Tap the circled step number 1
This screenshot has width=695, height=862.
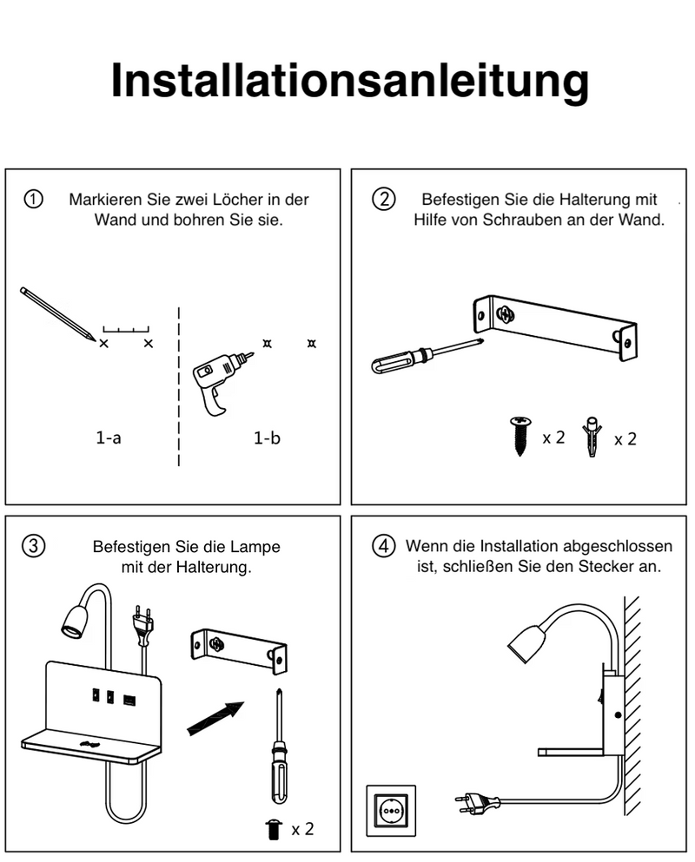click(x=33, y=199)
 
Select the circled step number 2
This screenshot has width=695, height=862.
click(x=383, y=199)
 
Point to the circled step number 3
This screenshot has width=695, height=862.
click(x=33, y=546)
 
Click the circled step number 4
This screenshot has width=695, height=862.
click(x=383, y=546)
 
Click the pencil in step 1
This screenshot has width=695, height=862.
click(x=56, y=313)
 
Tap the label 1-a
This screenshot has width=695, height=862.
click(x=109, y=438)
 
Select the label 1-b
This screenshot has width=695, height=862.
click(x=268, y=438)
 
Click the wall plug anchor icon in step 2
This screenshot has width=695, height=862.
click(x=593, y=437)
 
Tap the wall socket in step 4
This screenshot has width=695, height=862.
click(x=390, y=812)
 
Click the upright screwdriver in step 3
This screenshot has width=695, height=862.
click(x=278, y=747)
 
